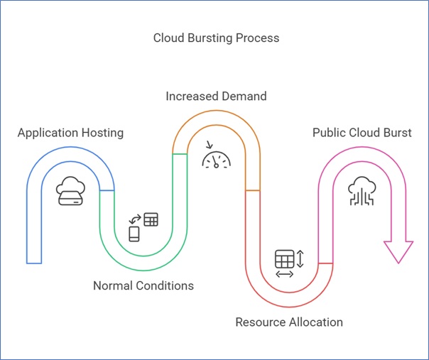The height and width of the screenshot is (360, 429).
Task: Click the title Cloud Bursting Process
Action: coord(216,38)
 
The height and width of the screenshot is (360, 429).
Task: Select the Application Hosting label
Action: coord(70,133)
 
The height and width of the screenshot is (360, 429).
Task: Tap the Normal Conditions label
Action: coord(143,285)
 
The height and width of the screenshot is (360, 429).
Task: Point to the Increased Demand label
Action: coord(216,95)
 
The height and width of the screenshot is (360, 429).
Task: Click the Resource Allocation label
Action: coord(289,322)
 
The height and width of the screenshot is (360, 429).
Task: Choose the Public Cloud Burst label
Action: coord(362,133)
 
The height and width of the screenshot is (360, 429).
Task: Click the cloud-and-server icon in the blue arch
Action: coord(70,192)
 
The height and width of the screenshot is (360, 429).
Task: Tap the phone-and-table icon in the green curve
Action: coord(143,227)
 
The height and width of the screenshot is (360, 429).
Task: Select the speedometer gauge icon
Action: coord(216,157)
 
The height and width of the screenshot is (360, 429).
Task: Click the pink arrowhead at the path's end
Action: coord(398,251)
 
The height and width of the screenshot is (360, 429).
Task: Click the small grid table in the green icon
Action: coord(151,219)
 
